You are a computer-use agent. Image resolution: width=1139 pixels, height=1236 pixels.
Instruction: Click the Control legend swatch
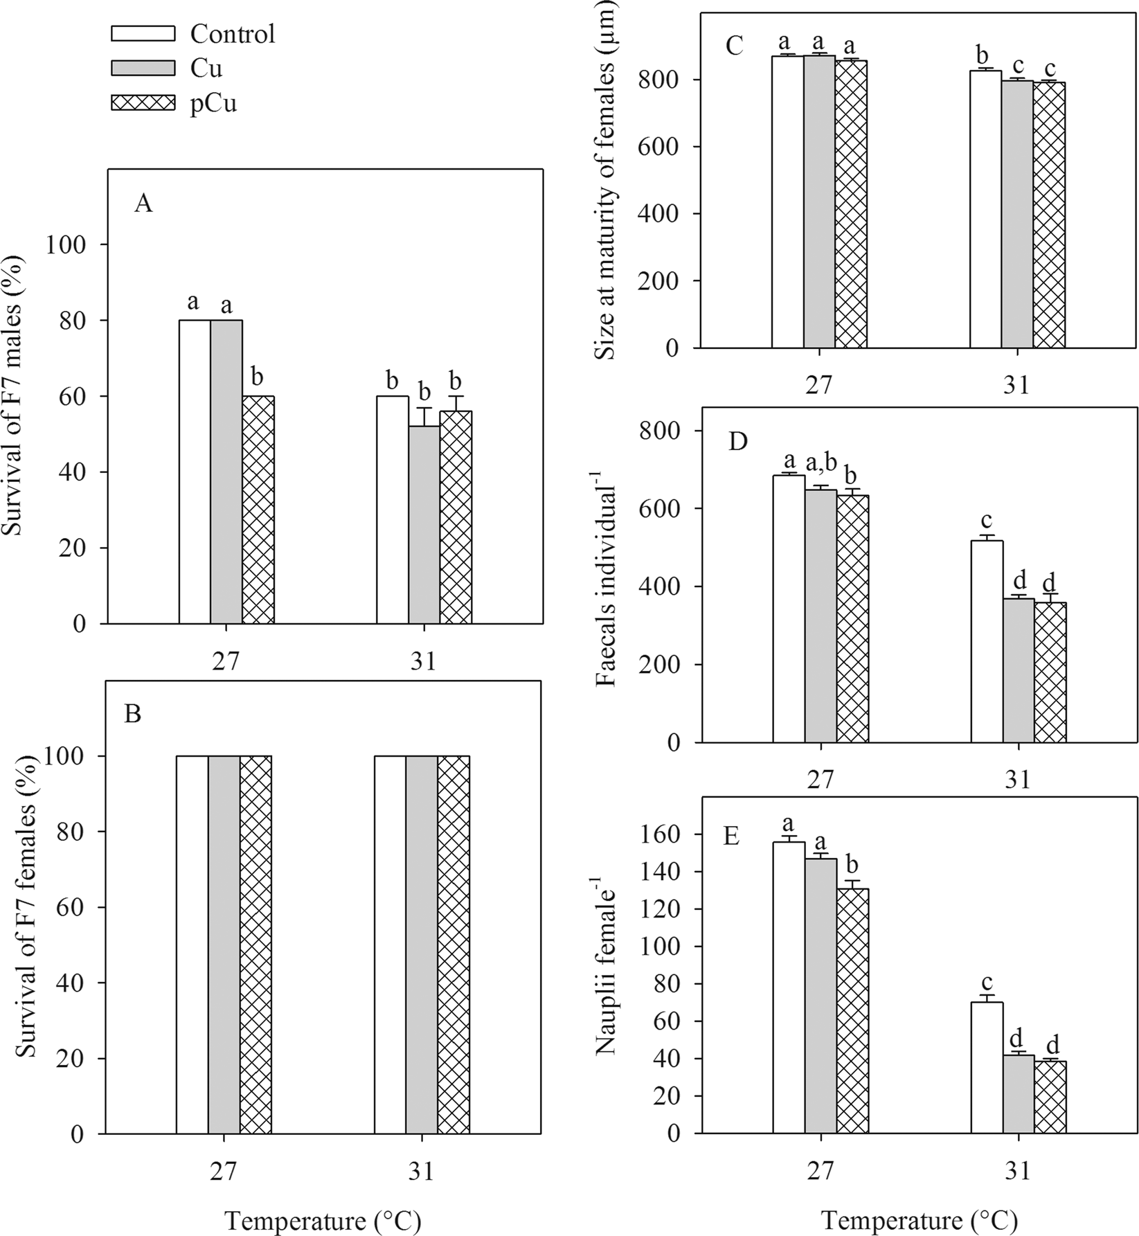tap(143, 33)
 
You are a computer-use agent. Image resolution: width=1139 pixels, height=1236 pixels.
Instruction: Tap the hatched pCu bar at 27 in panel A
tap(258, 510)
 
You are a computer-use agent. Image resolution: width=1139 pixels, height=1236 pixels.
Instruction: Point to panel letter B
tap(132, 713)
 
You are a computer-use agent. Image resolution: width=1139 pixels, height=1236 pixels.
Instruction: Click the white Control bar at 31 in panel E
tap(986, 1068)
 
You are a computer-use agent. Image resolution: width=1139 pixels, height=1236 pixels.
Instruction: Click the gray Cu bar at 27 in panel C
tap(820, 201)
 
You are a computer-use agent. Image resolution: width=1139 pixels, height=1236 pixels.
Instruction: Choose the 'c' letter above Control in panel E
tap(987, 983)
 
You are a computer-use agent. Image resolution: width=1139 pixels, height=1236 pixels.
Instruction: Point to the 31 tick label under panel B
tap(422, 1172)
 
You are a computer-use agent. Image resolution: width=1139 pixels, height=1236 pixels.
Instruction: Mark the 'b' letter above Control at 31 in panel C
tap(986, 54)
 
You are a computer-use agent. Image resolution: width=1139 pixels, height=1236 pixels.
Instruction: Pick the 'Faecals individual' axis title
tap(605, 585)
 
